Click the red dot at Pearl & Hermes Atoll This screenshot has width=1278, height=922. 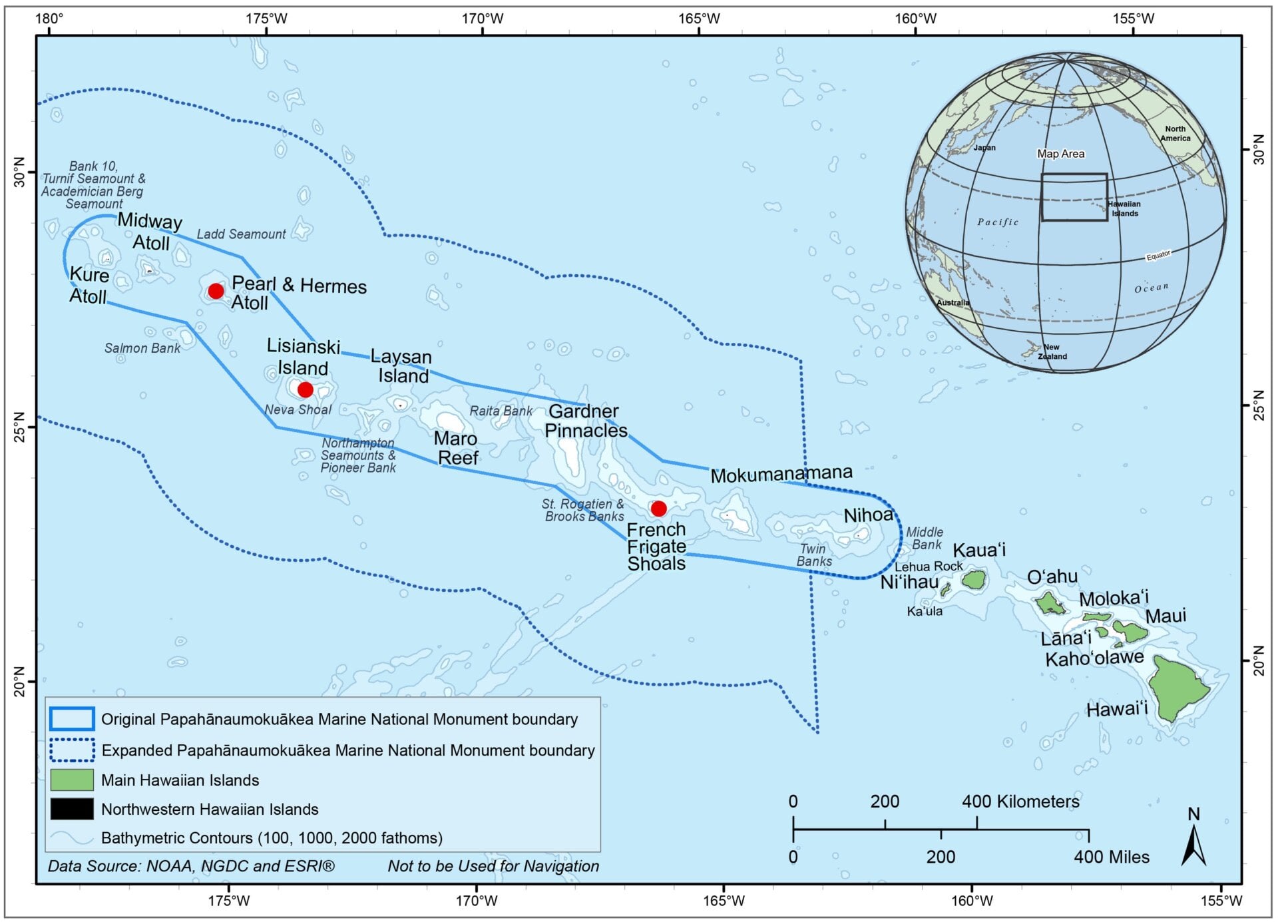click(216, 291)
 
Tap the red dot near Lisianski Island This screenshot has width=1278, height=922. click(305, 389)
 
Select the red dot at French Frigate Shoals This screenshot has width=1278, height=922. click(658, 509)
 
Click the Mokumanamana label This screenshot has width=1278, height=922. click(781, 475)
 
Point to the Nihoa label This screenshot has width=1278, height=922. click(868, 515)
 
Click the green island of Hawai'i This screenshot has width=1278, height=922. click(1179, 689)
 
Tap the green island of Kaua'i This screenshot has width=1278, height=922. click(974, 579)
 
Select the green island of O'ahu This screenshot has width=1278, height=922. click(1050, 604)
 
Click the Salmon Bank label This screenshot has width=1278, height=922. click(142, 348)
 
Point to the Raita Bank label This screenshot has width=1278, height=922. click(501, 411)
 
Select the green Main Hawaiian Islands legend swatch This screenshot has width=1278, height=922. click(72, 780)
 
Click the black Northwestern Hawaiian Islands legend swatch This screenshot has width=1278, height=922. click(72, 809)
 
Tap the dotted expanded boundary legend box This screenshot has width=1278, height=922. click(72, 750)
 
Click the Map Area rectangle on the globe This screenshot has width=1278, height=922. click(1074, 197)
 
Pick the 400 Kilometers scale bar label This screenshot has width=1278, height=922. click(1020, 802)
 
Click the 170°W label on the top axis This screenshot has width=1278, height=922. click(483, 19)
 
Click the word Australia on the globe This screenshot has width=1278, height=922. click(953, 303)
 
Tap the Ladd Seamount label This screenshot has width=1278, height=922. click(241, 234)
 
